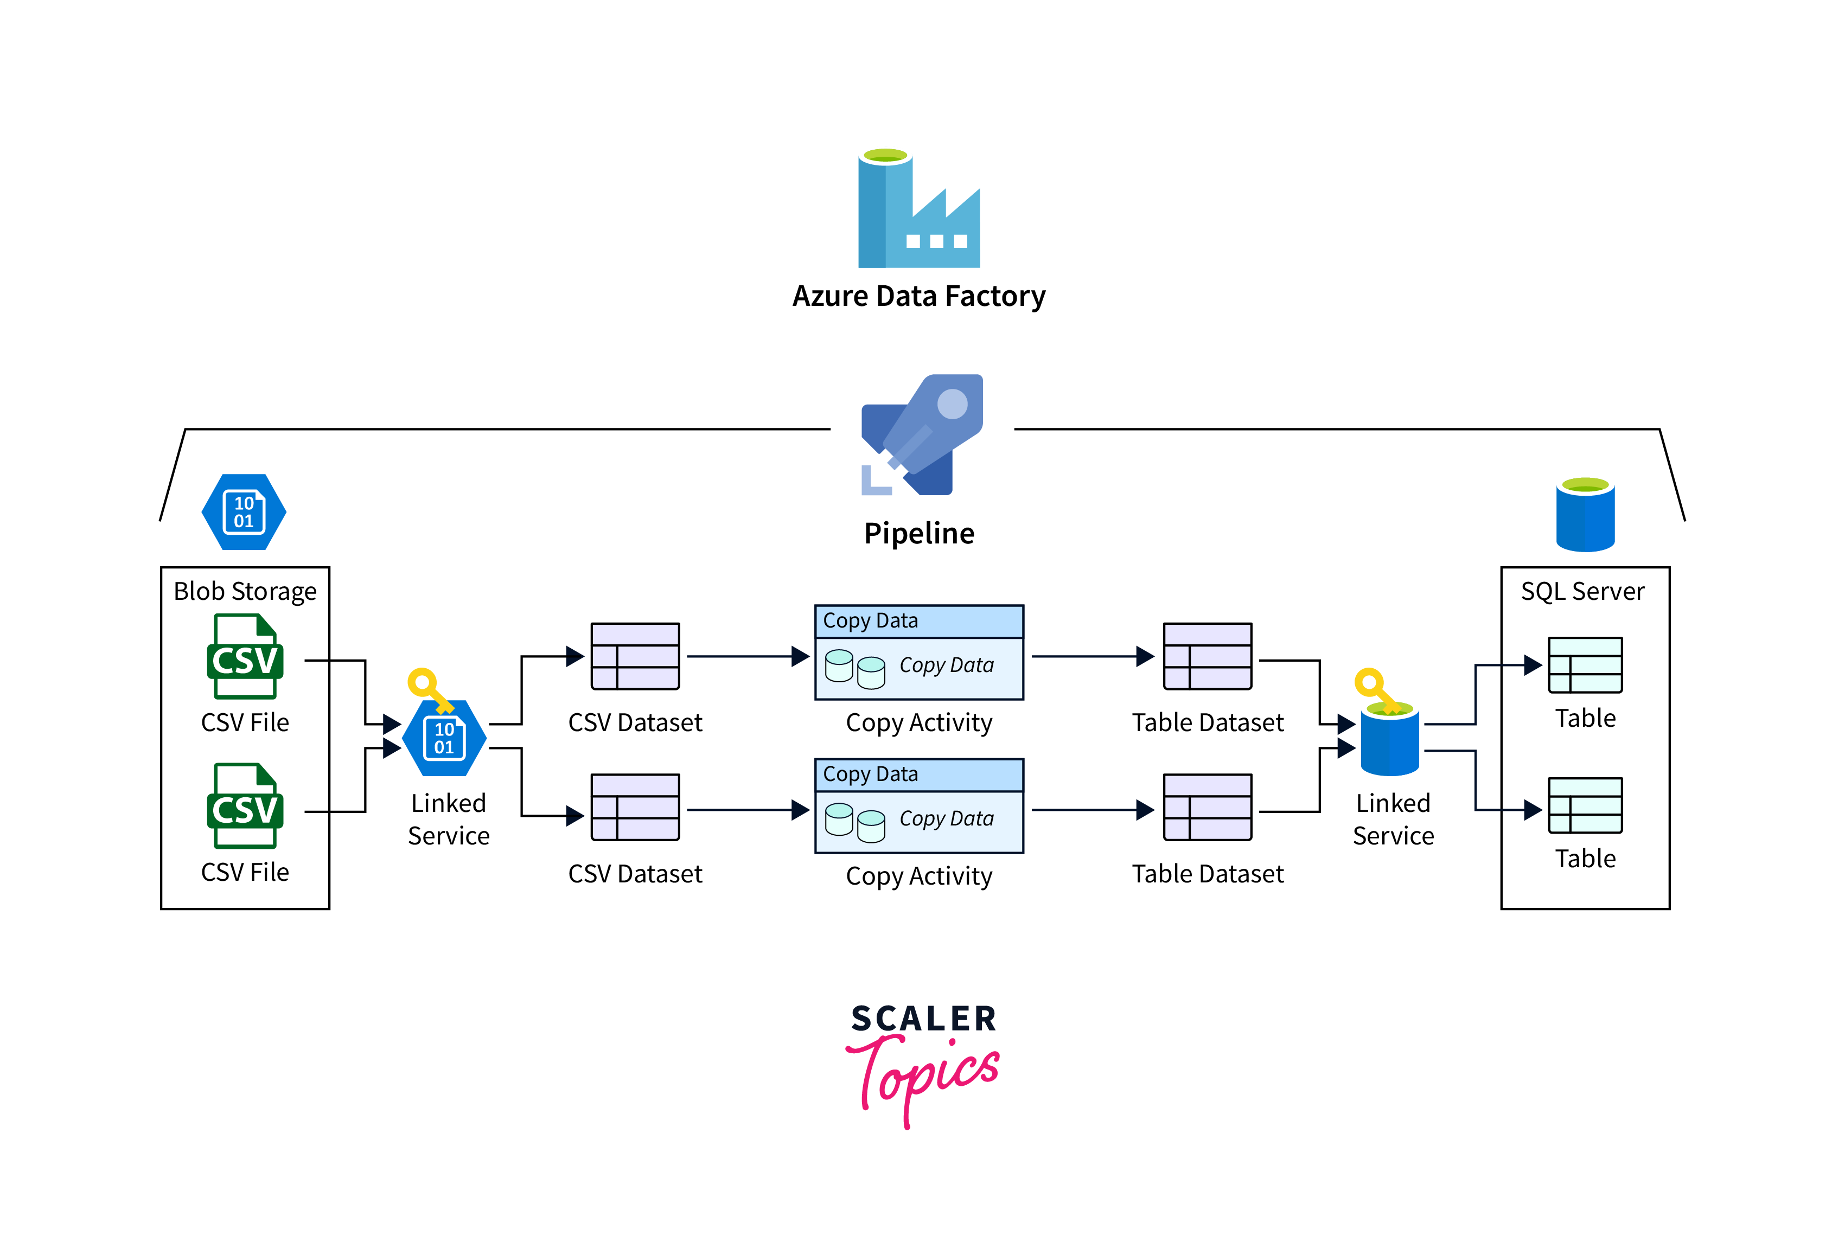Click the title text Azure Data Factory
click(x=919, y=296)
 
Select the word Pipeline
click(x=919, y=533)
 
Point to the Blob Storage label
click(x=245, y=592)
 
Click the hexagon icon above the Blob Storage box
click(x=244, y=511)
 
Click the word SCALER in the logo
click(x=924, y=1019)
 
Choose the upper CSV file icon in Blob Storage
click(x=245, y=657)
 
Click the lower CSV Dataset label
click(x=635, y=874)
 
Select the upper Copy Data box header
click(x=919, y=621)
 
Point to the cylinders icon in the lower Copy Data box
click(x=855, y=822)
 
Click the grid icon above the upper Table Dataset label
click(x=1207, y=657)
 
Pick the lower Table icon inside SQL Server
click(x=1585, y=805)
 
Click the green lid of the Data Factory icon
click(x=886, y=155)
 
